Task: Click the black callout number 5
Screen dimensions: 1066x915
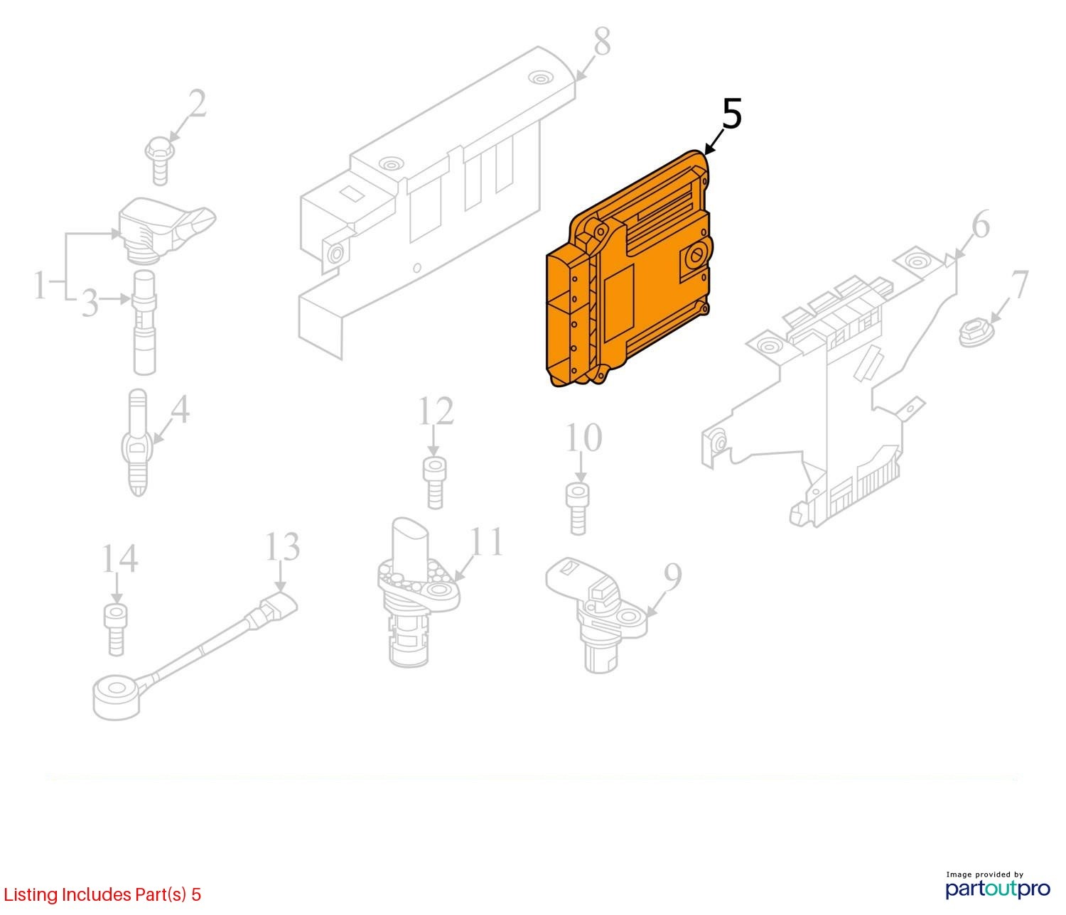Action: coord(732,114)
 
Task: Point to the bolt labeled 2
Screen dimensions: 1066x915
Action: coord(160,161)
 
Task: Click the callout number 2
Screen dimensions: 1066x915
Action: coord(197,103)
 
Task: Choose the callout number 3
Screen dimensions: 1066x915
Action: coord(90,303)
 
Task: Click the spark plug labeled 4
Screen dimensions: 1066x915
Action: coord(138,443)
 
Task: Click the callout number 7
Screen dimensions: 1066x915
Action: coord(1020,285)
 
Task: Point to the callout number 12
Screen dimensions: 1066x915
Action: coord(436,411)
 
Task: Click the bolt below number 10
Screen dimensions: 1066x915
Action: coord(578,509)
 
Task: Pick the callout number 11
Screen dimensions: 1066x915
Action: coord(488,541)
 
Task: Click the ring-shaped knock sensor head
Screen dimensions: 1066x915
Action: coord(117,699)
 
